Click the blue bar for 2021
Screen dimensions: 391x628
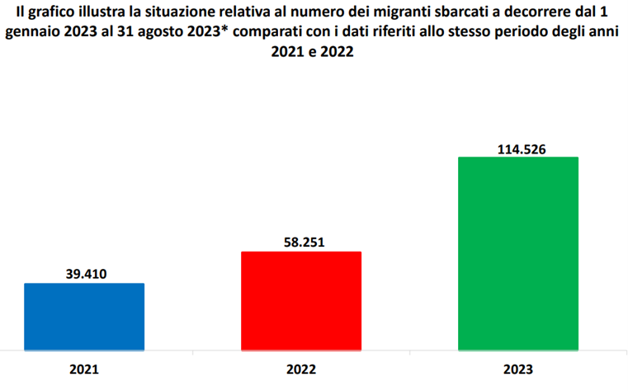tap(84, 317)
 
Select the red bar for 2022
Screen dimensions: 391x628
tap(300, 301)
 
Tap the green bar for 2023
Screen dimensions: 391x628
tap(517, 253)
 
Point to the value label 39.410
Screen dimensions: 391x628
tap(85, 273)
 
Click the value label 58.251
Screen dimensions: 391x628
tap(300, 241)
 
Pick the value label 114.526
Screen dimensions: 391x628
tap(517, 148)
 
